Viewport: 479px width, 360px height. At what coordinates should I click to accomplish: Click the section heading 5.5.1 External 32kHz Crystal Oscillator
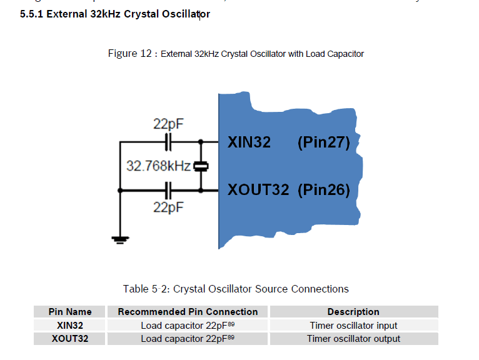click(x=114, y=14)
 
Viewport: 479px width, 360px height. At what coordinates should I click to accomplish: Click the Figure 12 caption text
click(x=236, y=54)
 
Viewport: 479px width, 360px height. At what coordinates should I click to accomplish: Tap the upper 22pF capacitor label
click(x=168, y=124)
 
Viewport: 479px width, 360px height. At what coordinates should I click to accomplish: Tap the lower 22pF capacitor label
click(x=168, y=207)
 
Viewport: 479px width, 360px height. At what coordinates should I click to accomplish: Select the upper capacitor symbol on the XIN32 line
click(x=168, y=142)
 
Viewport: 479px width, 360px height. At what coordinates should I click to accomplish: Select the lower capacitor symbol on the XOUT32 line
click(x=168, y=187)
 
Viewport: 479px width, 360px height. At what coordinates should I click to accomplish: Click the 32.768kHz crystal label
click(x=158, y=166)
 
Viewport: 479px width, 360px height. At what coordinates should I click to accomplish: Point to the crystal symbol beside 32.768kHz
click(x=201, y=166)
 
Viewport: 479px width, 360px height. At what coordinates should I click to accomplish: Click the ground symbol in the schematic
click(x=119, y=238)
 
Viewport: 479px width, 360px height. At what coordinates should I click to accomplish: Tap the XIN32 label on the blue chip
click(x=249, y=142)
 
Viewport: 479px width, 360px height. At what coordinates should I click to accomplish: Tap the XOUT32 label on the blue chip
click(x=258, y=189)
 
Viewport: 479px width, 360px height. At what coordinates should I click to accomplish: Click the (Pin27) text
click(x=323, y=142)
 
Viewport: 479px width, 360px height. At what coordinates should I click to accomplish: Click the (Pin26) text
click(x=323, y=189)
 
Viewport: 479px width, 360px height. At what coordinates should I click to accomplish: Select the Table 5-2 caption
click(x=236, y=289)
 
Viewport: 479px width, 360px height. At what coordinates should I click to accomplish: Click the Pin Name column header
click(x=70, y=312)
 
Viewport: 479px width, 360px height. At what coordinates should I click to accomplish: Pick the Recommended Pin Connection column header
click(x=188, y=312)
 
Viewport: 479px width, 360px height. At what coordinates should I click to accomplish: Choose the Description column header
click(x=353, y=312)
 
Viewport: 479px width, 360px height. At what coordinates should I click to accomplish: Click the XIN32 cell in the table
click(x=70, y=326)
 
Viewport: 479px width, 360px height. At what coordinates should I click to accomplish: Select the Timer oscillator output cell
click(x=353, y=339)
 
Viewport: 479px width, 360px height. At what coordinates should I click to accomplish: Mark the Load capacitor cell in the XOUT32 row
click(x=188, y=339)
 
